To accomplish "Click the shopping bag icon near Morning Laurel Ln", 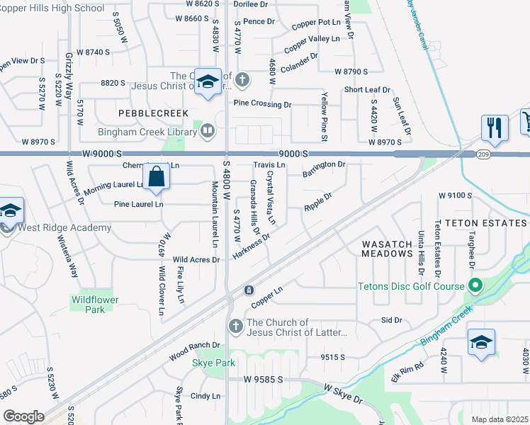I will pos(156,177).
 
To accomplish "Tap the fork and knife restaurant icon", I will pos(494,127).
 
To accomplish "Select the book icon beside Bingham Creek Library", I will pos(208,130).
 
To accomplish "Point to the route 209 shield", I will pos(481,154).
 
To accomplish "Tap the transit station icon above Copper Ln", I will pos(249,290).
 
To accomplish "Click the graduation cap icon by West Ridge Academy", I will pos(10,210).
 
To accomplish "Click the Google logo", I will pos(23,416).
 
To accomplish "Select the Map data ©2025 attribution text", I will pos(500,419).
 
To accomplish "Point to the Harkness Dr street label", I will pos(252,248).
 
